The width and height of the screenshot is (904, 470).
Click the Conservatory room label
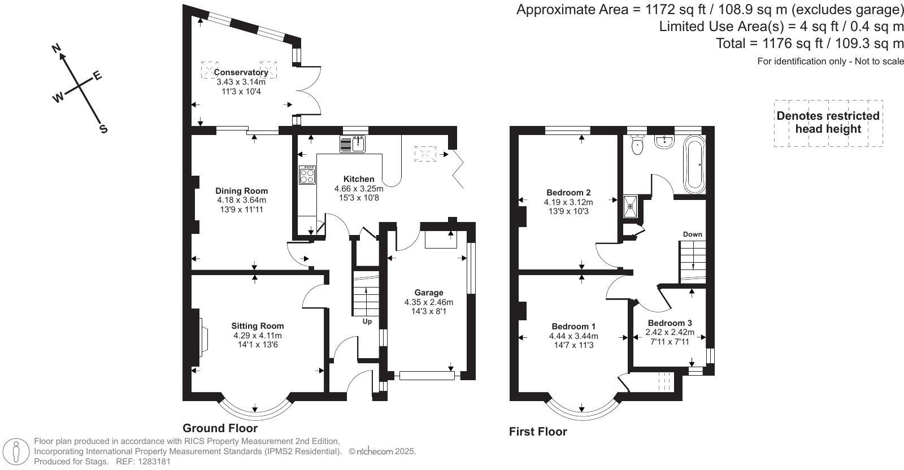click(x=241, y=72)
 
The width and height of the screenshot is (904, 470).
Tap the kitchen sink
click(x=353, y=144)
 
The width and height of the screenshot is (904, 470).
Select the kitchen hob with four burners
click(x=307, y=175)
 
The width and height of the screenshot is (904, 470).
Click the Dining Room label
click(x=241, y=191)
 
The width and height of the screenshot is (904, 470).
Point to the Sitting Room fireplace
click(x=203, y=336)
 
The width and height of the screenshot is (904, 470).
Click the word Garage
click(x=429, y=293)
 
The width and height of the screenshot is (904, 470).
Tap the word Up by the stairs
click(x=367, y=321)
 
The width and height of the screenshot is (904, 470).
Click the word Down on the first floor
click(x=693, y=234)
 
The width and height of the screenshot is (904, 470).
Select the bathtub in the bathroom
click(x=694, y=164)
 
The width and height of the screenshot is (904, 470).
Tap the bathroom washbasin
click(x=664, y=142)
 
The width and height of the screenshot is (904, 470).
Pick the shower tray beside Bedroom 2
click(x=631, y=206)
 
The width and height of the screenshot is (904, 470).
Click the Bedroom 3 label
click(x=670, y=323)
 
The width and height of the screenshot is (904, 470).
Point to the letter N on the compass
click(x=57, y=49)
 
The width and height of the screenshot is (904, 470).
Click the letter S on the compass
click(x=104, y=129)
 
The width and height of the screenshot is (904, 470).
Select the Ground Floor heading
click(x=220, y=428)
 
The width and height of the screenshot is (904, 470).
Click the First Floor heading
click(x=538, y=432)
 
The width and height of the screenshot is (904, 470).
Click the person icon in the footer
click(x=16, y=451)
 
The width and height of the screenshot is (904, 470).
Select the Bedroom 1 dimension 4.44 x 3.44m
click(x=573, y=336)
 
